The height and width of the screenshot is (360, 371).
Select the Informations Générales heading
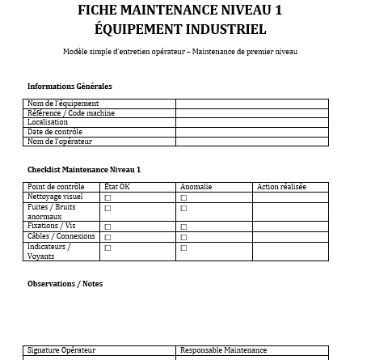70,87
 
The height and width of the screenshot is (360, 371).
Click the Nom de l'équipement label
63,104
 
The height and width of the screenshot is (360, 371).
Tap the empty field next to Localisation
251,122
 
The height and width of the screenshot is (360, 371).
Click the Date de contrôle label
55,132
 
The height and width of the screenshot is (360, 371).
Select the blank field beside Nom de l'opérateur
251,142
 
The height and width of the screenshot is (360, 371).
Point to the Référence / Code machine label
71,113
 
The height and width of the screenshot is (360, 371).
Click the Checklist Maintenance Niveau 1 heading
84,170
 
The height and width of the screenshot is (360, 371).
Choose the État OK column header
117,187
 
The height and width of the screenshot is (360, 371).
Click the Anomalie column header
196,187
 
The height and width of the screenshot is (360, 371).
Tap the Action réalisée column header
281,187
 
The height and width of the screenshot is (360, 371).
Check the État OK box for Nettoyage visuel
108,197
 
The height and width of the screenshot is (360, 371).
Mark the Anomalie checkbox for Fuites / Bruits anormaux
183,208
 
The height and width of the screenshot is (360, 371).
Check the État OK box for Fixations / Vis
108,227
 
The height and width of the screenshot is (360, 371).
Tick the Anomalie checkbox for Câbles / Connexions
183,237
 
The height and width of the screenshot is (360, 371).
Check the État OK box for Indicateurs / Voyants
108,248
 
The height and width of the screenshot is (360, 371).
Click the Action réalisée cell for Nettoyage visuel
291,197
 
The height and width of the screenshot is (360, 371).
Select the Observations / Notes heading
65,284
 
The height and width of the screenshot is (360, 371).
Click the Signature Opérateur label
61,350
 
